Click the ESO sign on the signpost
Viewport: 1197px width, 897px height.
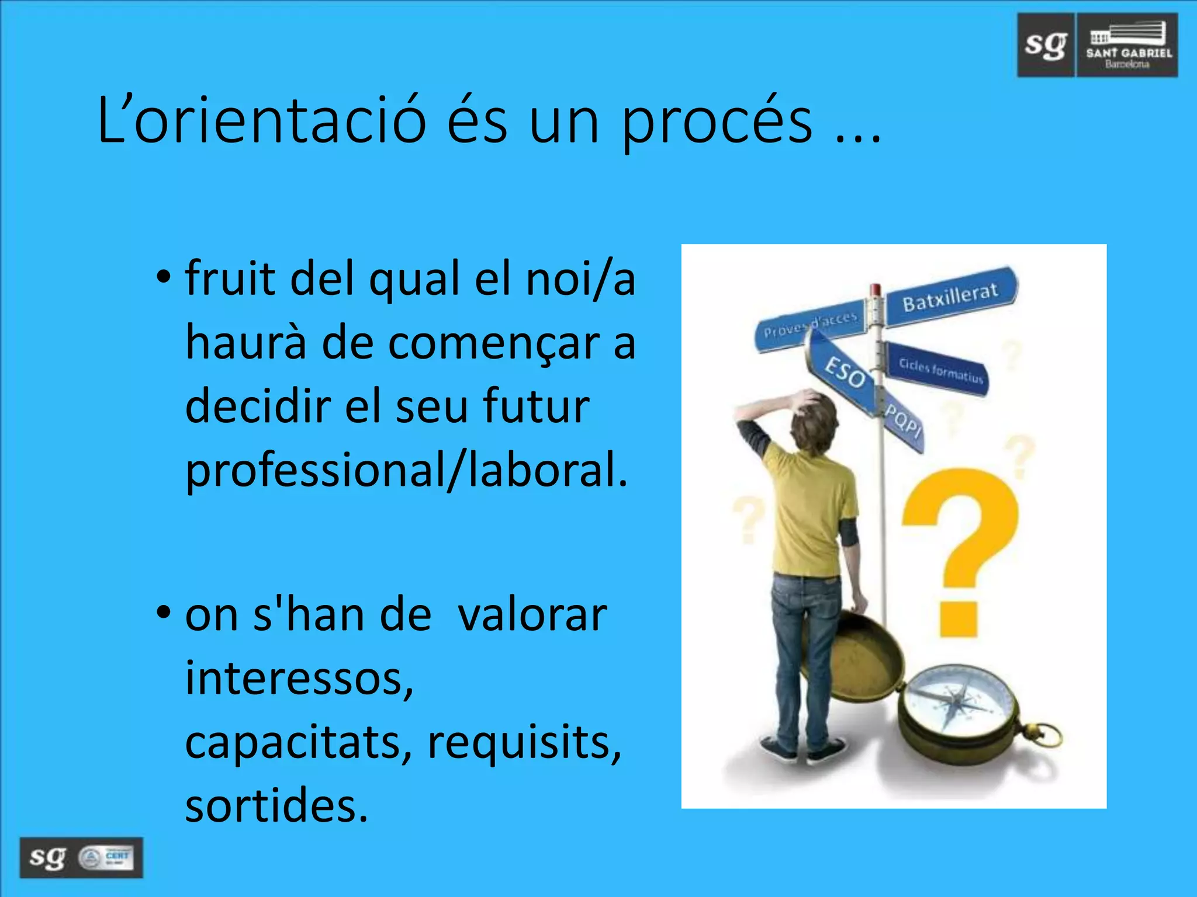click(843, 371)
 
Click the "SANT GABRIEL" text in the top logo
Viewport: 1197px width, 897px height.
click(1129, 53)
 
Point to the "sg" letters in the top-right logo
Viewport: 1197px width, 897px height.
click(1046, 45)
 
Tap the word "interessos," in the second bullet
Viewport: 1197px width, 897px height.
click(299, 679)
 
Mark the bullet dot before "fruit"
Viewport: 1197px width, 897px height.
click(164, 276)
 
